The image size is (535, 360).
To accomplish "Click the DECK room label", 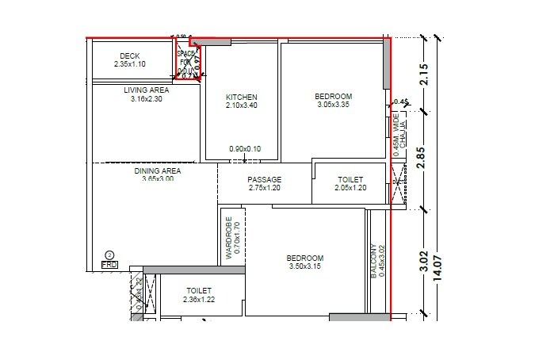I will tap(130, 56).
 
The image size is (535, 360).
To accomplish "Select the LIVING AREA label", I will tap(146, 91).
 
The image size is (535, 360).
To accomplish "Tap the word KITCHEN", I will tap(242, 98).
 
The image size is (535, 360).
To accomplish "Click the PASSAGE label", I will tap(264, 180).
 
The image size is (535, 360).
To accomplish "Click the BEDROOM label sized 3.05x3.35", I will tap(328, 97).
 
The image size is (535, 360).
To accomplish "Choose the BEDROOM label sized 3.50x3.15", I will tap(304, 259).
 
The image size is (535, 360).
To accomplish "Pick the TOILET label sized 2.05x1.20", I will tap(350, 180).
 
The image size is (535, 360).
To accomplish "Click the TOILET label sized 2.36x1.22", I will tap(201, 291).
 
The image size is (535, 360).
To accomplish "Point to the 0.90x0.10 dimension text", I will tap(245, 149).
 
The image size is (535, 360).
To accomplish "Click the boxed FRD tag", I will tap(109, 265).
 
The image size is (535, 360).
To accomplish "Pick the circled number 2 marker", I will tap(109, 255).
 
